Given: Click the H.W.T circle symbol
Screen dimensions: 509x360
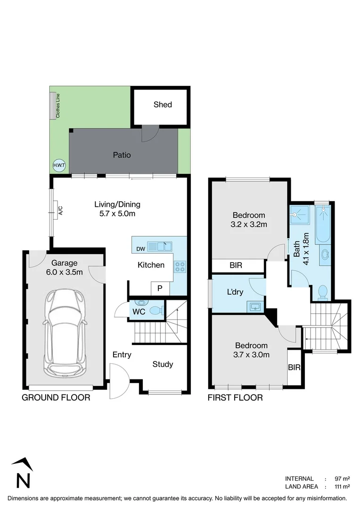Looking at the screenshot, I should (59, 165).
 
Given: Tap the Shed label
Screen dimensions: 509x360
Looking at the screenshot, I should (163, 105).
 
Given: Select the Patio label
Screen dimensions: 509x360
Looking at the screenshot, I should (121, 155).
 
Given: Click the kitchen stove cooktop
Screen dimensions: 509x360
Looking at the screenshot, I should (180, 267).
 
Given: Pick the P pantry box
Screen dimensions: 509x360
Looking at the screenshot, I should (160, 288).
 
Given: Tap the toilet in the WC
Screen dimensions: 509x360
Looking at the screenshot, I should (155, 311).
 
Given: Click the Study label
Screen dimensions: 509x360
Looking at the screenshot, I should (163, 364).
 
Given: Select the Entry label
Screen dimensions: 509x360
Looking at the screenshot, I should (122, 355).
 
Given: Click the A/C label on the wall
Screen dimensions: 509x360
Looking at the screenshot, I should (60, 211).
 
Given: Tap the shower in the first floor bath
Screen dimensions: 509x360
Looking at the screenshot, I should (298, 216).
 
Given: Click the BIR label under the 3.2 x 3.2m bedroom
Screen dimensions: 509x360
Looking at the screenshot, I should (236, 266).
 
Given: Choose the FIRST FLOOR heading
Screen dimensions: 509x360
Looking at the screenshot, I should (235, 398).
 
